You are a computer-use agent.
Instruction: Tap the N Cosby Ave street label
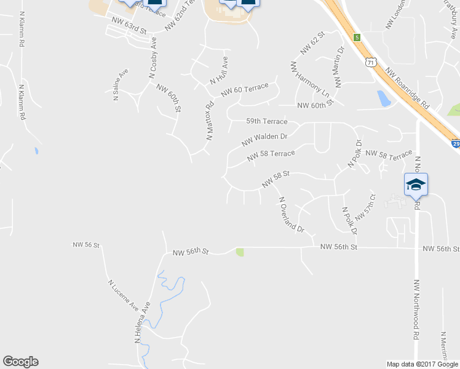pyautogui.click(x=153, y=57)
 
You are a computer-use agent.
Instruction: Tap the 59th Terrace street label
pyautogui.click(x=266, y=122)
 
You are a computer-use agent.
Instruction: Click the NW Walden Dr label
pyautogui.click(x=264, y=140)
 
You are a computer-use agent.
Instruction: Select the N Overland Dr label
pyautogui.click(x=291, y=214)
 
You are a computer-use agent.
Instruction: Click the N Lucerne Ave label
pyautogui.click(x=124, y=296)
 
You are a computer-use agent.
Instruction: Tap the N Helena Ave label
pyautogui.click(x=142, y=321)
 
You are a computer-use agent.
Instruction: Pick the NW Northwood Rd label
pyautogui.click(x=416, y=310)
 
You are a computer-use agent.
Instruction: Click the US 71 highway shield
pyautogui.click(x=370, y=62)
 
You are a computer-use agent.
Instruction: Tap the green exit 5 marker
pyautogui.click(x=356, y=37)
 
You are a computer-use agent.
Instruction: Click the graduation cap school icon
pyautogui.click(x=416, y=184)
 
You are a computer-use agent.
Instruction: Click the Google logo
pyautogui.click(x=20, y=362)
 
